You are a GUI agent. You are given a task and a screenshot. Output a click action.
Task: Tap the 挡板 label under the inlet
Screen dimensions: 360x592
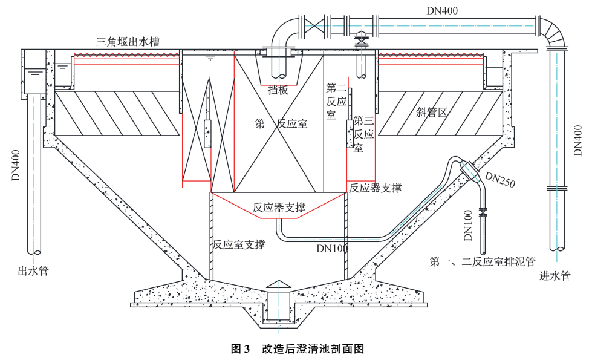(278, 91)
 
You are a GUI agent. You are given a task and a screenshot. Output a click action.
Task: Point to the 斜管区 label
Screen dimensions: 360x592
(431, 112)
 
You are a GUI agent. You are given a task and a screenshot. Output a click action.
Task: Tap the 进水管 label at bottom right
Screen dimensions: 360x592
(555, 276)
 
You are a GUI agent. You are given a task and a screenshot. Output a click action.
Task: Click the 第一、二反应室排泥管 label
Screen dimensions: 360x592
(483, 263)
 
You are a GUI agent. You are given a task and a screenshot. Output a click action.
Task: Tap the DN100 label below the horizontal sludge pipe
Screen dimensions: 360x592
(332, 247)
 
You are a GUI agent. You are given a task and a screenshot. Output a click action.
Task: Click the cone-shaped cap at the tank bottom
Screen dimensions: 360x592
(279, 285)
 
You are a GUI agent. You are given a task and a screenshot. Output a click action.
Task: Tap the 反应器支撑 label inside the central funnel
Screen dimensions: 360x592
(278, 207)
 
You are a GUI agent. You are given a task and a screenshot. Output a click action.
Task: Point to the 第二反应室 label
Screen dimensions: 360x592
(336, 100)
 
